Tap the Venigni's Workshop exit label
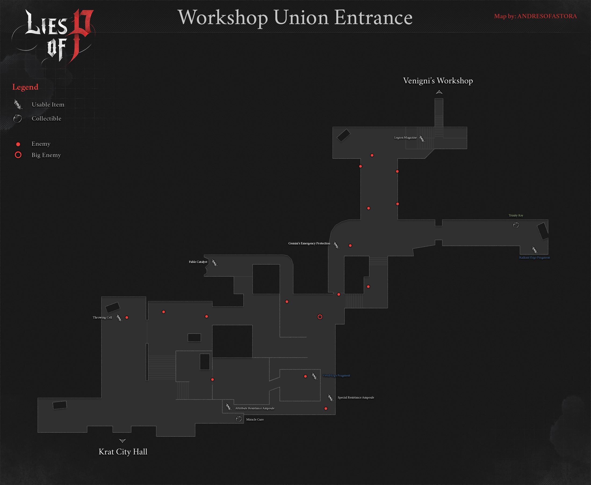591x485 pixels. click(438, 81)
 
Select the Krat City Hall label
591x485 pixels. click(123, 452)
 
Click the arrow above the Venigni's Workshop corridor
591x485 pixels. click(439, 92)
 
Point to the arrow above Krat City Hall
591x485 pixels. click(122, 441)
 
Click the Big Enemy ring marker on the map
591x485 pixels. click(320, 317)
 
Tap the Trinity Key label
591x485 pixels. click(516, 215)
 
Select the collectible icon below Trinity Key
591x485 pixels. click(516, 225)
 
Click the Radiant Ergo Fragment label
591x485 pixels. click(534, 258)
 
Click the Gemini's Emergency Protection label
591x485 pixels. click(309, 243)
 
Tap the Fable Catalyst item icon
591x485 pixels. click(214, 263)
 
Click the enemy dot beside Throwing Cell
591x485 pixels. click(127, 317)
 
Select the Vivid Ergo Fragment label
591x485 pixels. click(336, 375)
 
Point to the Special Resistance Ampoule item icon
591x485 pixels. click(331, 397)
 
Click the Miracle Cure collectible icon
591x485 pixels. click(239, 419)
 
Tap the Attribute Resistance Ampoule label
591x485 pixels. click(255, 408)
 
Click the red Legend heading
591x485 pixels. click(25, 87)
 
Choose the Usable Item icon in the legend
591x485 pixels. click(18, 104)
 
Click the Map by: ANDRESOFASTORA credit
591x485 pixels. click(535, 16)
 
